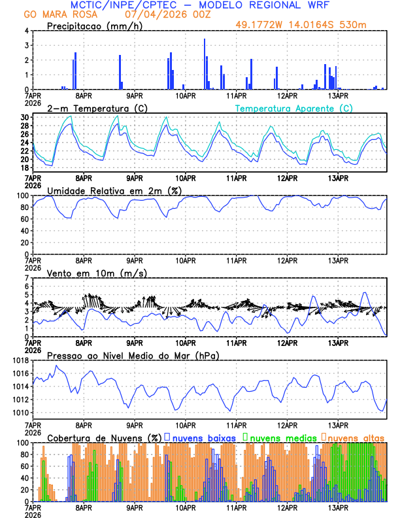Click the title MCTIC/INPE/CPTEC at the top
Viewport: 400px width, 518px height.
pos(124,5)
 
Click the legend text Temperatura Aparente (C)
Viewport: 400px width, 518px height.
pos(294,108)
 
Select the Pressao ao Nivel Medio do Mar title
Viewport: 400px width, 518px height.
pos(133,355)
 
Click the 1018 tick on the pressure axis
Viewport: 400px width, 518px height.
pos(18,360)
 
